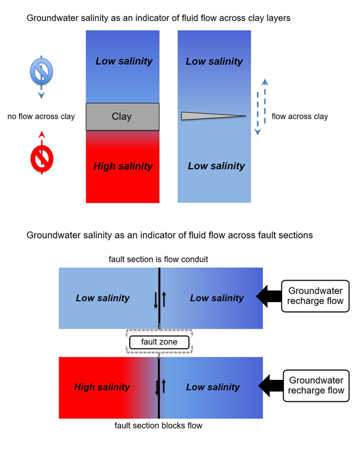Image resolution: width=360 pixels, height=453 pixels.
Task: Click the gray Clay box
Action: click(x=123, y=116)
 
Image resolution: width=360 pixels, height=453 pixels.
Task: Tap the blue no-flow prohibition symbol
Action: click(x=42, y=71)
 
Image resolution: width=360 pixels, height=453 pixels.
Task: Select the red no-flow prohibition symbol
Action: click(x=42, y=159)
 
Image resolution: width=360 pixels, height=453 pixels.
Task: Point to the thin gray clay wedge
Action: click(x=213, y=116)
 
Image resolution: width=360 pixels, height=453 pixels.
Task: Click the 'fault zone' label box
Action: click(x=159, y=342)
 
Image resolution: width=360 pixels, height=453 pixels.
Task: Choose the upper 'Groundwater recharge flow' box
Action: click(x=315, y=296)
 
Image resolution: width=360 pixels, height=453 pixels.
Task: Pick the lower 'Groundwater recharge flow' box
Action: click(x=316, y=386)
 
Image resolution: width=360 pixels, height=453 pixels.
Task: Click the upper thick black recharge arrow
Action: click(x=269, y=296)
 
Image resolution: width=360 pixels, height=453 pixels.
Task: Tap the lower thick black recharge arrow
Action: click(x=271, y=386)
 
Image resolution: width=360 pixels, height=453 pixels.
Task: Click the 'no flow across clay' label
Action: click(x=41, y=116)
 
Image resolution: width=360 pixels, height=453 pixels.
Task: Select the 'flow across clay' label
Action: click(x=300, y=116)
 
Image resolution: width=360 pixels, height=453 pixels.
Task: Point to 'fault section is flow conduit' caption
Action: click(x=159, y=259)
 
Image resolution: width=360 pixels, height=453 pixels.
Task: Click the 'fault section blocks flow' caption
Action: click(x=159, y=425)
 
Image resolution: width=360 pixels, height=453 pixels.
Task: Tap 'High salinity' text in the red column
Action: click(x=123, y=166)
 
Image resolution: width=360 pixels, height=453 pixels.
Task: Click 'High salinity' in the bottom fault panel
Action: click(x=102, y=387)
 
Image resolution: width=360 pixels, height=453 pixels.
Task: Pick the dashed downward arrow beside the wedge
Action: click(x=257, y=113)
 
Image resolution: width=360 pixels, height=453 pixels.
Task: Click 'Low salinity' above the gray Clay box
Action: click(x=124, y=61)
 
